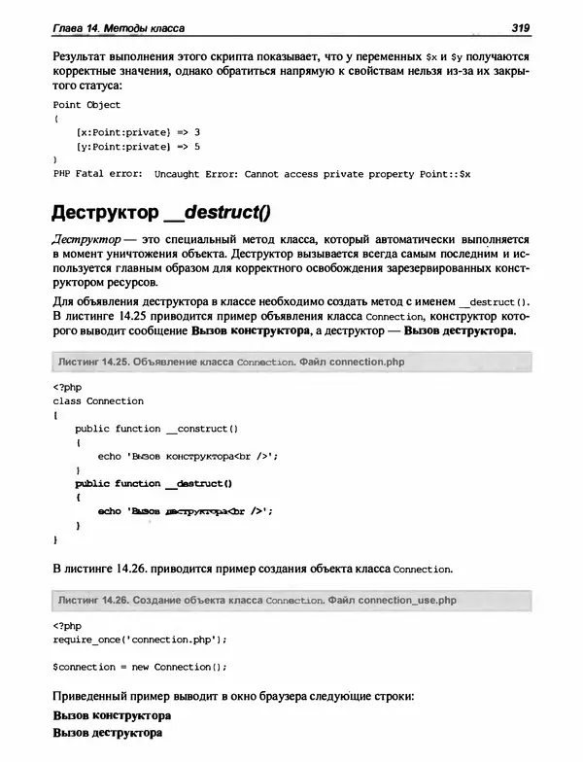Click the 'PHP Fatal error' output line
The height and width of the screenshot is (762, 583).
(x=261, y=173)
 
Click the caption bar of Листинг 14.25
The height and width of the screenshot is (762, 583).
(x=291, y=362)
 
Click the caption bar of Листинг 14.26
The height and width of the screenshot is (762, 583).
(x=291, y=600)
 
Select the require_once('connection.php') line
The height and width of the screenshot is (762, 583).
(x=140, y=640)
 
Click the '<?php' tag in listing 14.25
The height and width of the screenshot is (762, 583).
(x=67, y=387)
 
